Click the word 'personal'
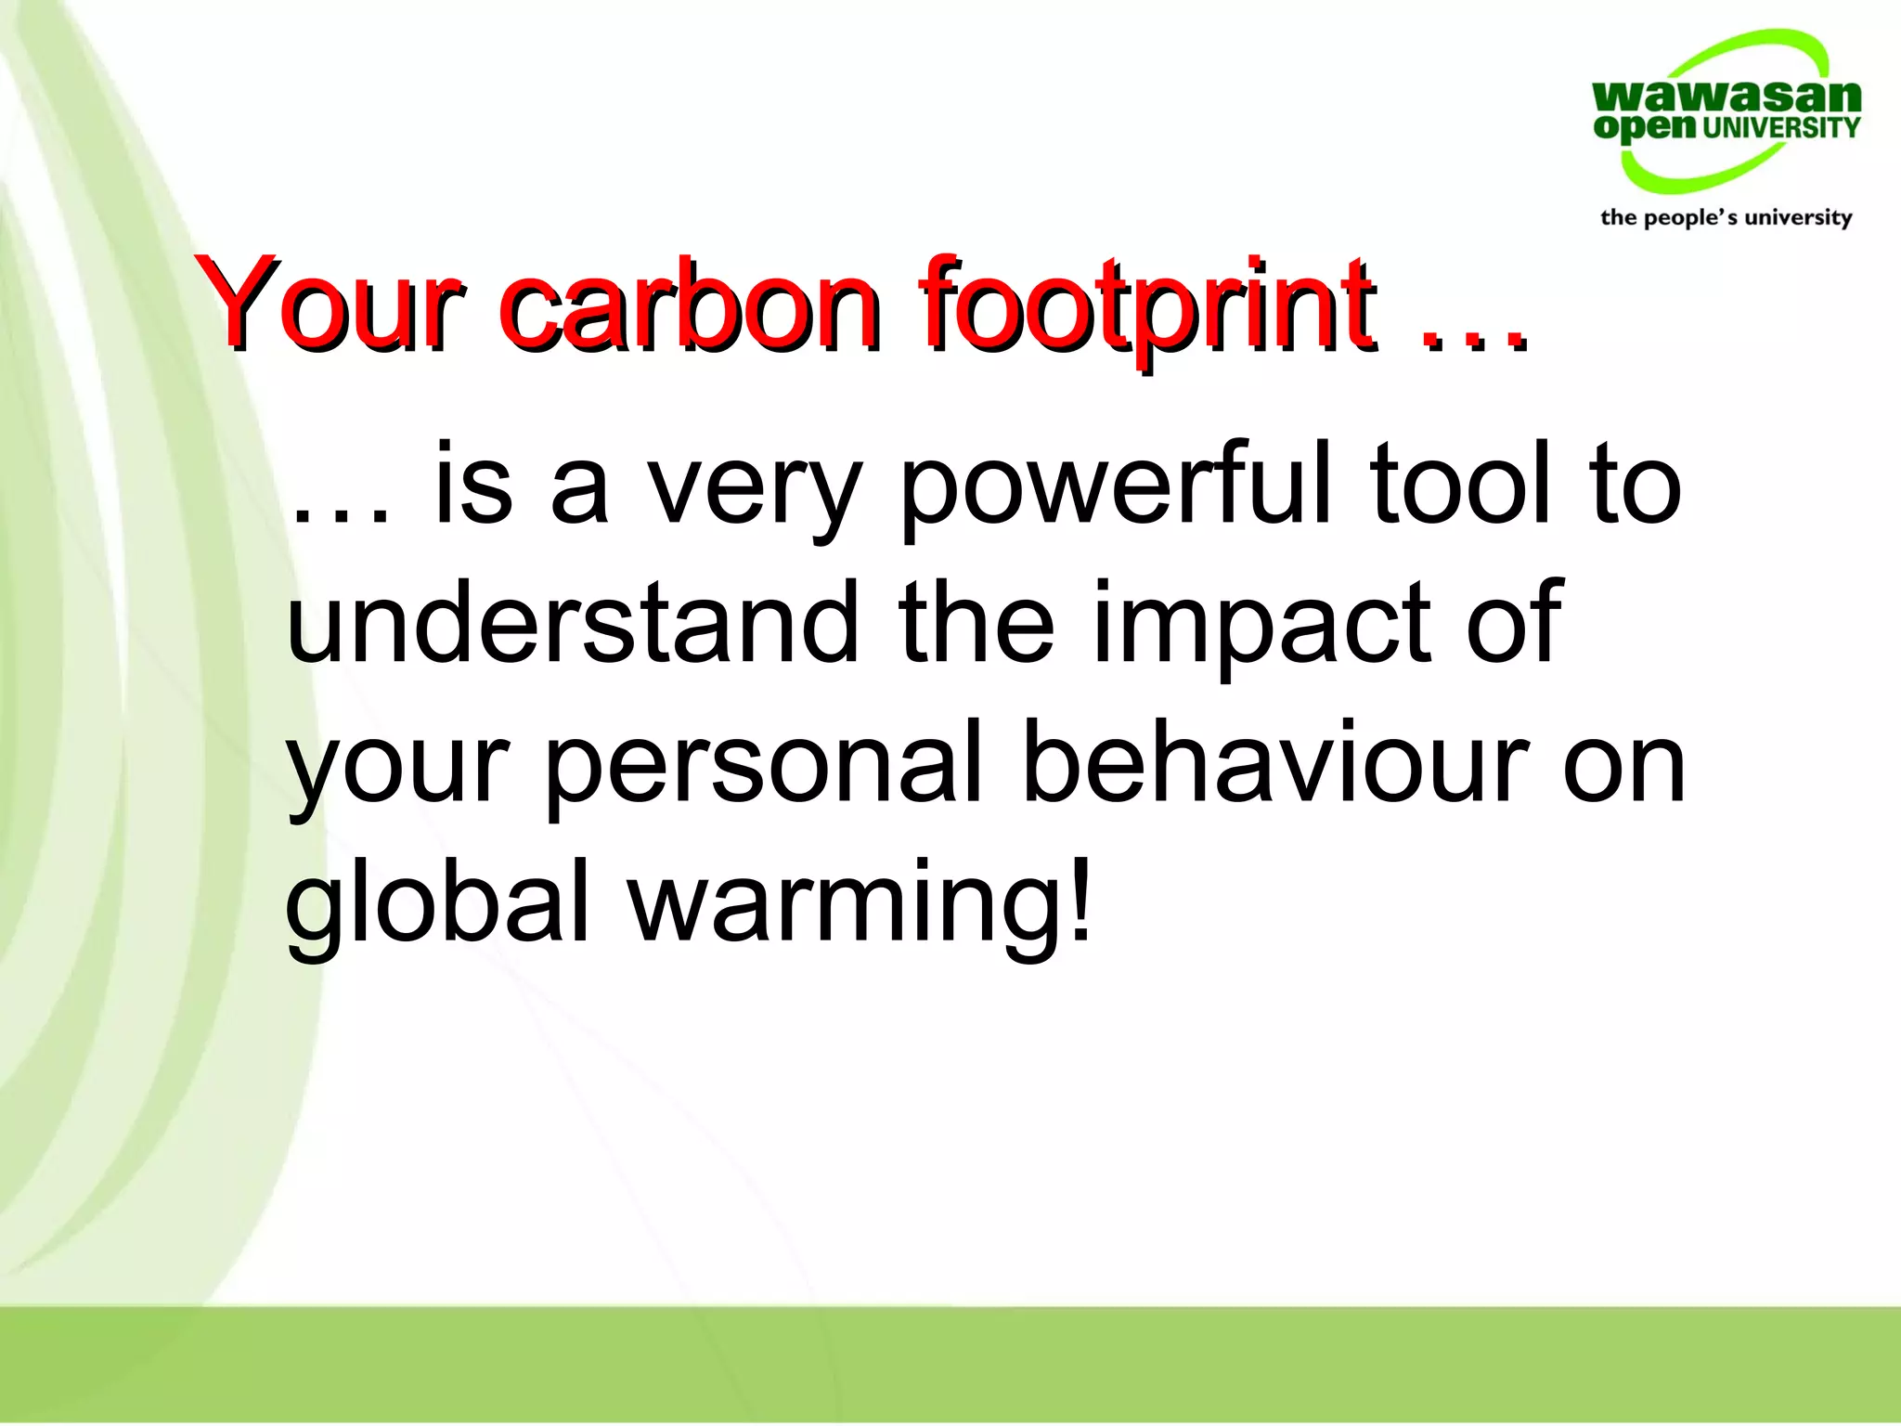click(763, 767)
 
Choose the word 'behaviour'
click(1276, 761)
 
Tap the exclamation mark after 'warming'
click(1079, 896)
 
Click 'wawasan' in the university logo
click(1726, 97)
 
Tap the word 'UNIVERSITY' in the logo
click(1781, 127)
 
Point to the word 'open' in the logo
click(1644, 128)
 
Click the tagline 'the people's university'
click(1726, 217)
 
